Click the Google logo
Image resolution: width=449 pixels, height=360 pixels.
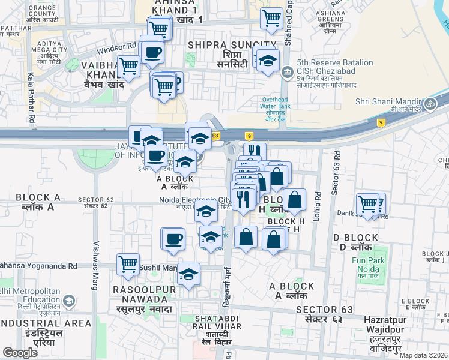[20, 353]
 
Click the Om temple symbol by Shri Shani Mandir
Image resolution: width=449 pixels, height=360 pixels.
[430, 104]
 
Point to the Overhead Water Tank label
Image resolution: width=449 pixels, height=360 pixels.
[276, 106]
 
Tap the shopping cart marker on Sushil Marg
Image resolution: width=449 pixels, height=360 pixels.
[128, 263]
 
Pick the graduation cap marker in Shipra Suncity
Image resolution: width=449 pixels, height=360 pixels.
[268, 60]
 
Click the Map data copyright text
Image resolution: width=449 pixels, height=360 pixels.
[423, 355]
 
